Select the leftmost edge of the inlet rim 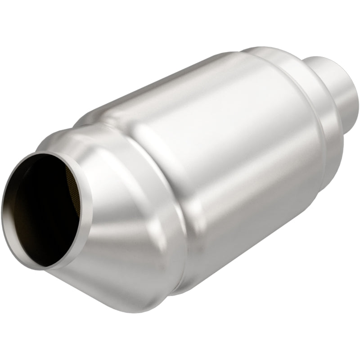point(3,211)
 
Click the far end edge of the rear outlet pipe point(355,90)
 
